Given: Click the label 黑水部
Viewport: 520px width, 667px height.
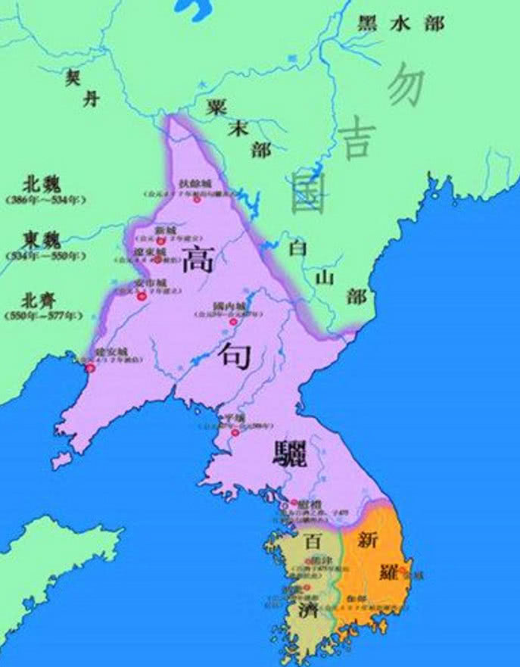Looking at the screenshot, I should click(401, 23).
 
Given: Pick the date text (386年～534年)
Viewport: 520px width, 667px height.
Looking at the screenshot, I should click(45, 201).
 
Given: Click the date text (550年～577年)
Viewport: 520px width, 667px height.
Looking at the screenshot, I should click(45, 314).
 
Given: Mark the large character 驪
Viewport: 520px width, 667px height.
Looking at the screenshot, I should click(291, 455).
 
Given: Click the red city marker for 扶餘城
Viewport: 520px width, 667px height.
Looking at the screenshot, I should click(196, 201).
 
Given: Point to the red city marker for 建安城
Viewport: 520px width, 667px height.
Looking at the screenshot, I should click(91, 368).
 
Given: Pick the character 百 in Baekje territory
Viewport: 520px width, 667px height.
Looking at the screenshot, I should click(311, 542).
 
